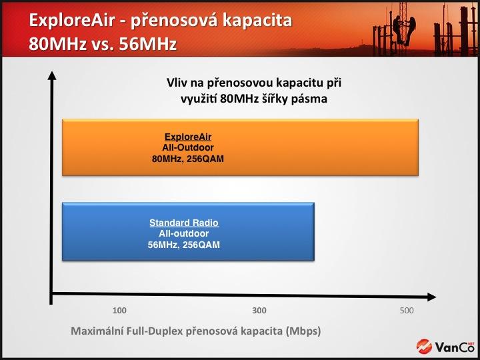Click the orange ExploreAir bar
(240, 147)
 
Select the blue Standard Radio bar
(188, 231)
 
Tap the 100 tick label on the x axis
(119, 311)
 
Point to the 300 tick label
(259, 311)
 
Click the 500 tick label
(407, 311)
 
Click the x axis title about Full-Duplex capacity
(196, 331)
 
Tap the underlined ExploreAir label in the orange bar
(188, 137)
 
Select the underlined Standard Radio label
(184, 223)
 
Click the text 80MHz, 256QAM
(188, 159)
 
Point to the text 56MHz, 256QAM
(184, 245)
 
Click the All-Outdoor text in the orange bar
(188, 147)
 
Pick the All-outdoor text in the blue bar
(184, 233)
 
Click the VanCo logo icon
(424, 347)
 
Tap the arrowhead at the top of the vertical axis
(53, 75)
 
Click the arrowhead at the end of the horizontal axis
(431, 297)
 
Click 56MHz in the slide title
(148, 44)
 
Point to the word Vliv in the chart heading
(175, 83)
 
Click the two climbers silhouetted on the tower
(404, 30)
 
